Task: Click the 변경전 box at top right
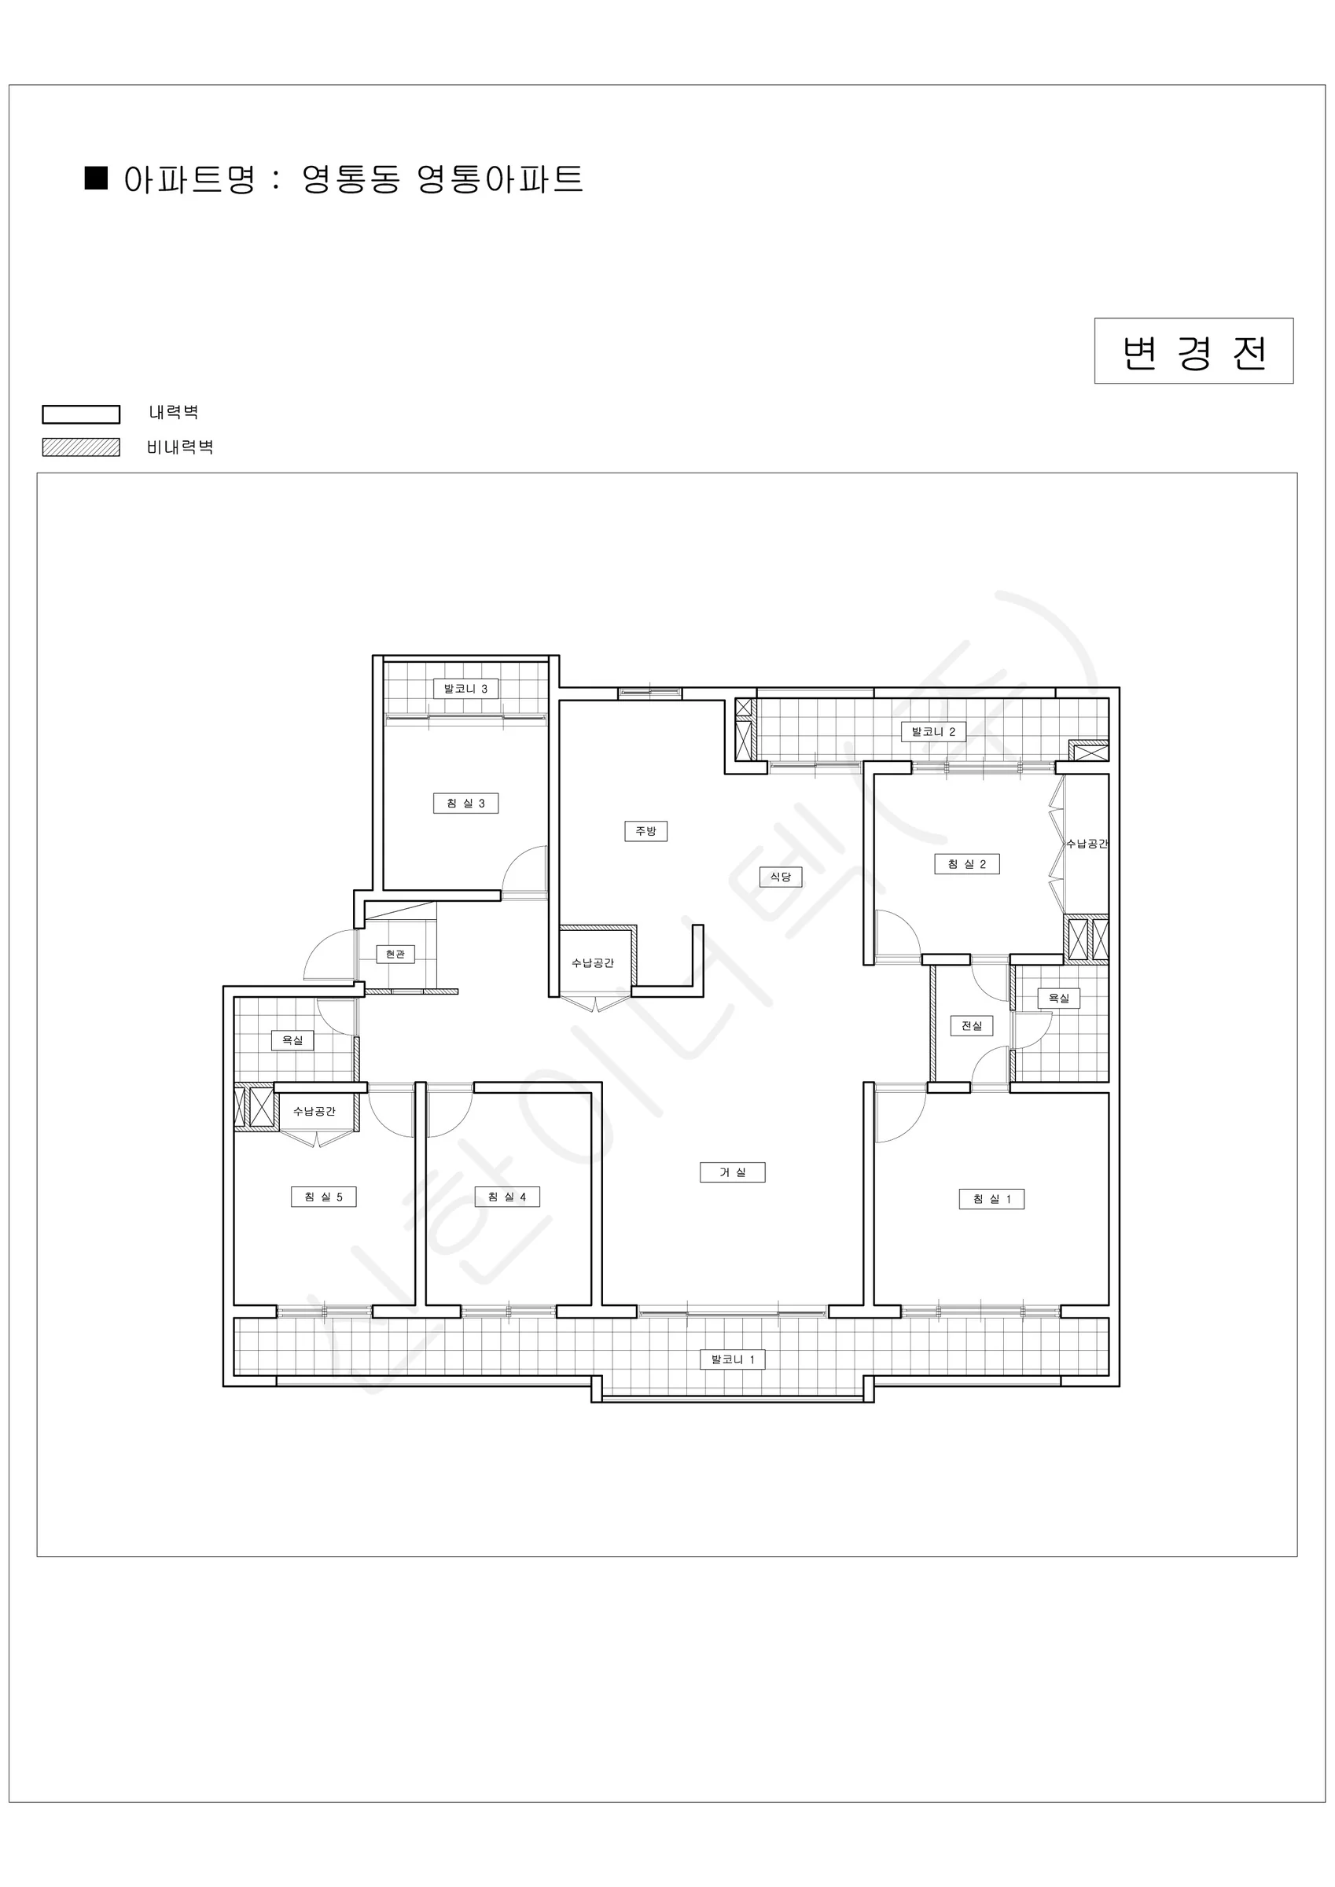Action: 1193,351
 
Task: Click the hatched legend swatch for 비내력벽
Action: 80,447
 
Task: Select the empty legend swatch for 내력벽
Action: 80,414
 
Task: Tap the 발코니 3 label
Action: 465,689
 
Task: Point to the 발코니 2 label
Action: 933,731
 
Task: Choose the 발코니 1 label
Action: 733,1359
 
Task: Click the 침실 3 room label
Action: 465,803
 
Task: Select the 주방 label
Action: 645,831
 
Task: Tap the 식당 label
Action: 780,877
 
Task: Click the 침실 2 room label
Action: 967,864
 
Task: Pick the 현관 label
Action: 395,955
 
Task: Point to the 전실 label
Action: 972,1026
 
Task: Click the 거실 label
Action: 733,1172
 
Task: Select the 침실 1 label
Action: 991,1199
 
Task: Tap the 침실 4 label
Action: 507,1197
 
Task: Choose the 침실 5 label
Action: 323,1197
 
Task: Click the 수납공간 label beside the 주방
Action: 593,963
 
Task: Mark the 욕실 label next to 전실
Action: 1059,998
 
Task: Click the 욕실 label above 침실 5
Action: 292,1040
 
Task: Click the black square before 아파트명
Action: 96,178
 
